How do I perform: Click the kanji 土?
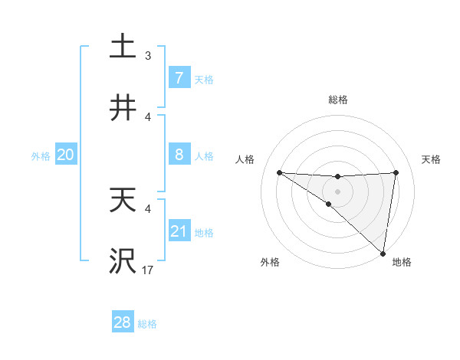click(x=123, y=47)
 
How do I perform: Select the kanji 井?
click(x=123, y=108)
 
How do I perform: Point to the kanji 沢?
click(x=123, y=261)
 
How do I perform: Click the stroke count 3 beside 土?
click(x=148, y=56)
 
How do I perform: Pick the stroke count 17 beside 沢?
click(x=147, y=270)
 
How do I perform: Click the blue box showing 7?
click(x=179, y=78)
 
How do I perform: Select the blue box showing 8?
click(x=179, y=155)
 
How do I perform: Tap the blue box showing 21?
click(x=179, y=231)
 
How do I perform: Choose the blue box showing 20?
click(x=66, y=155)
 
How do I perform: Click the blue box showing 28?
click(x=123, y=322)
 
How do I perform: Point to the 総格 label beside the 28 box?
click(x=147, y=324)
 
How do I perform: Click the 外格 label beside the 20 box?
click(x=41, y=155)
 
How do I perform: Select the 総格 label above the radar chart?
click(x=338, y=100)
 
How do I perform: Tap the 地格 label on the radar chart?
click(x=402, y=262)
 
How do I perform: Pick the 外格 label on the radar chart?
click(x=271, y=262)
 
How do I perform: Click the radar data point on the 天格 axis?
click(x=396, y=172)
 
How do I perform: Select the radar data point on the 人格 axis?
click(x=279, y=172)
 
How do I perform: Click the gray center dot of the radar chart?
click(x=338, y=191)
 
